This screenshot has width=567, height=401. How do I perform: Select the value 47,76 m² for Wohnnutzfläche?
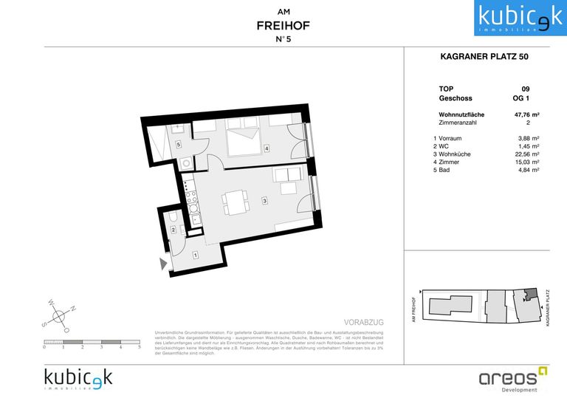526,115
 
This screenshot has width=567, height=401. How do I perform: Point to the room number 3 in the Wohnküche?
264,200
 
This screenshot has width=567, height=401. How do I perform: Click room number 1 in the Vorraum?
196,256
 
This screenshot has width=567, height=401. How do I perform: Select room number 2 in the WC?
173,230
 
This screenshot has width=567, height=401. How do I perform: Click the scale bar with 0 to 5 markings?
92,342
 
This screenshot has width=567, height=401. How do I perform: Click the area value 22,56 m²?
526,154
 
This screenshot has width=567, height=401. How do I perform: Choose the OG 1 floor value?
521,98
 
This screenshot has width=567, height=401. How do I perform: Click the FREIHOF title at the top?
283,26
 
